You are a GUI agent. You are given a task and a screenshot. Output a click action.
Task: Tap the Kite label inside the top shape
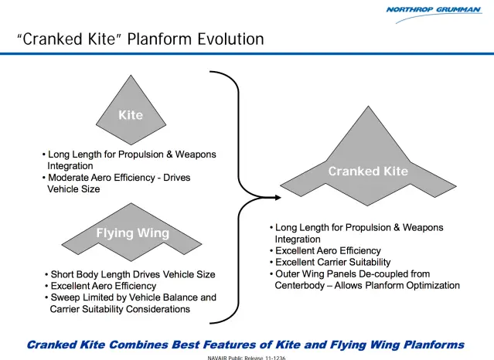pyautogui.click(x=131, y=115)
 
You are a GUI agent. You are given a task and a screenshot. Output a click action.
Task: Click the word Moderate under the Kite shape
pyautogui.click(x=72, y=178)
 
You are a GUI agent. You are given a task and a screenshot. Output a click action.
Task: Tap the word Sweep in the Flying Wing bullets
pyautogui.click(x=66, y=297)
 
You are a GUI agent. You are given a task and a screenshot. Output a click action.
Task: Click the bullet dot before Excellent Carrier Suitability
pyautogui.click(x=271, y=263)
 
